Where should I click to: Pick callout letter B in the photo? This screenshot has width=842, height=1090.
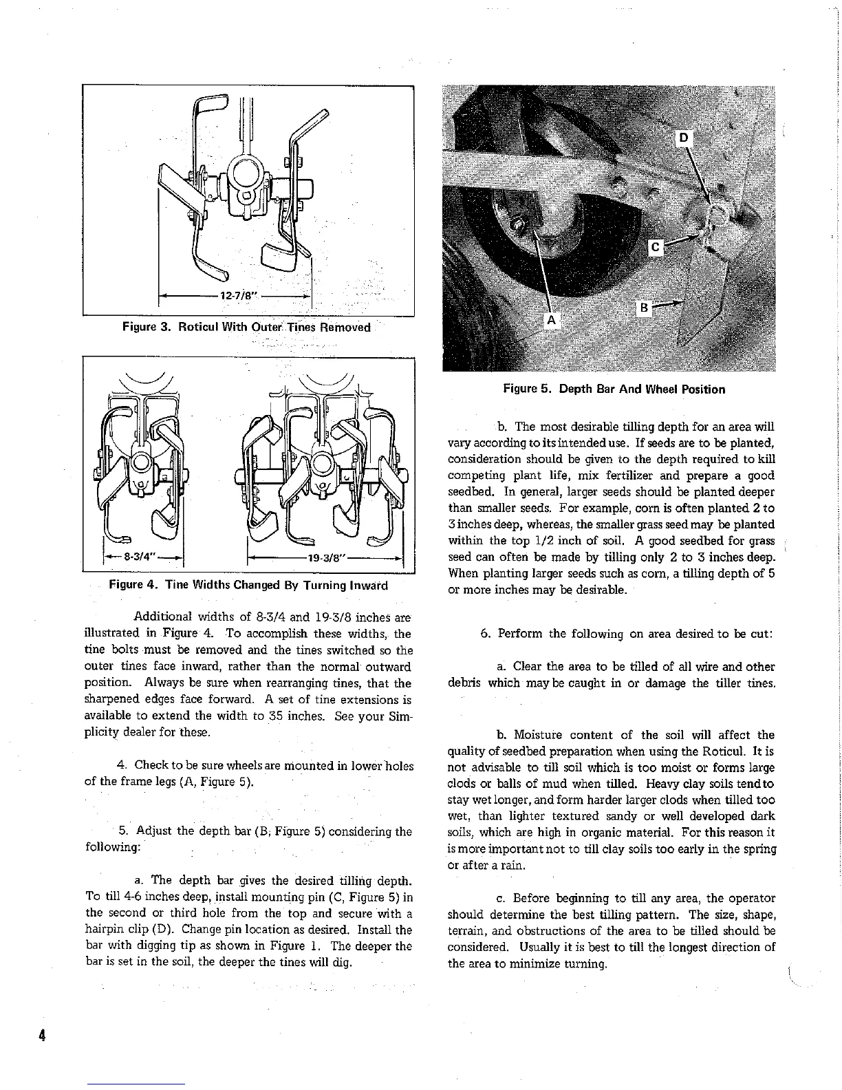(x=643, y=308)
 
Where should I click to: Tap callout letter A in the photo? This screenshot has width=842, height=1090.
(x=551, y=319)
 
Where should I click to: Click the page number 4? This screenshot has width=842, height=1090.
(x=42, y=1035)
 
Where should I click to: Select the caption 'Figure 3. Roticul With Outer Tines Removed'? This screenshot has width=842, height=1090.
(x=246, y=327)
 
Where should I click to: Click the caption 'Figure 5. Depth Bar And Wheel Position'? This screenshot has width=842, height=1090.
(x=614, y=389)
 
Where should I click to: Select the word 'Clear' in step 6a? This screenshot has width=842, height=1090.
(x=528, y=666)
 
